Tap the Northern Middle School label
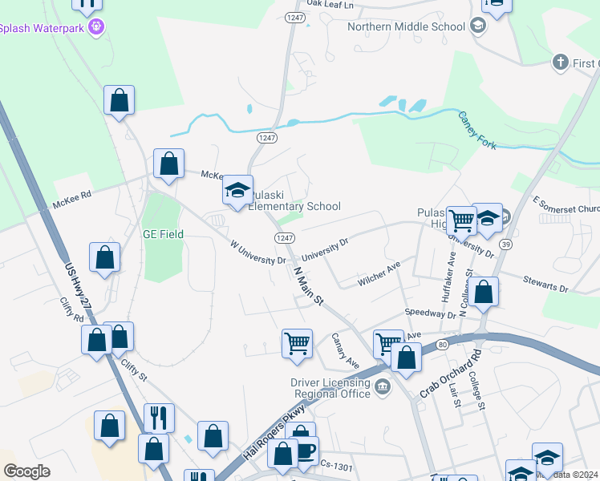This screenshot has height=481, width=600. pos(406,26)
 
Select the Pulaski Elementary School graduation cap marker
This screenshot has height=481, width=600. pos(237,191)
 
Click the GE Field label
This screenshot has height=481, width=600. pos(164,234)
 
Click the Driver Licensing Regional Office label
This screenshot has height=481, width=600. pos(330,388)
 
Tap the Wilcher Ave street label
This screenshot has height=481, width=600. pos(379,276)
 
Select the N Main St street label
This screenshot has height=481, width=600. pos(308,286)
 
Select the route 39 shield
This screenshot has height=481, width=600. pos(505,244)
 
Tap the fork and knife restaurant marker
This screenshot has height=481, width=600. pos(159,418)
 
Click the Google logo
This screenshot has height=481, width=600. pos(26,471)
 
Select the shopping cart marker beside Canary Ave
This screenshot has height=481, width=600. pos(297,343)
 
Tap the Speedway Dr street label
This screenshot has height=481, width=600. pos(430,313)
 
